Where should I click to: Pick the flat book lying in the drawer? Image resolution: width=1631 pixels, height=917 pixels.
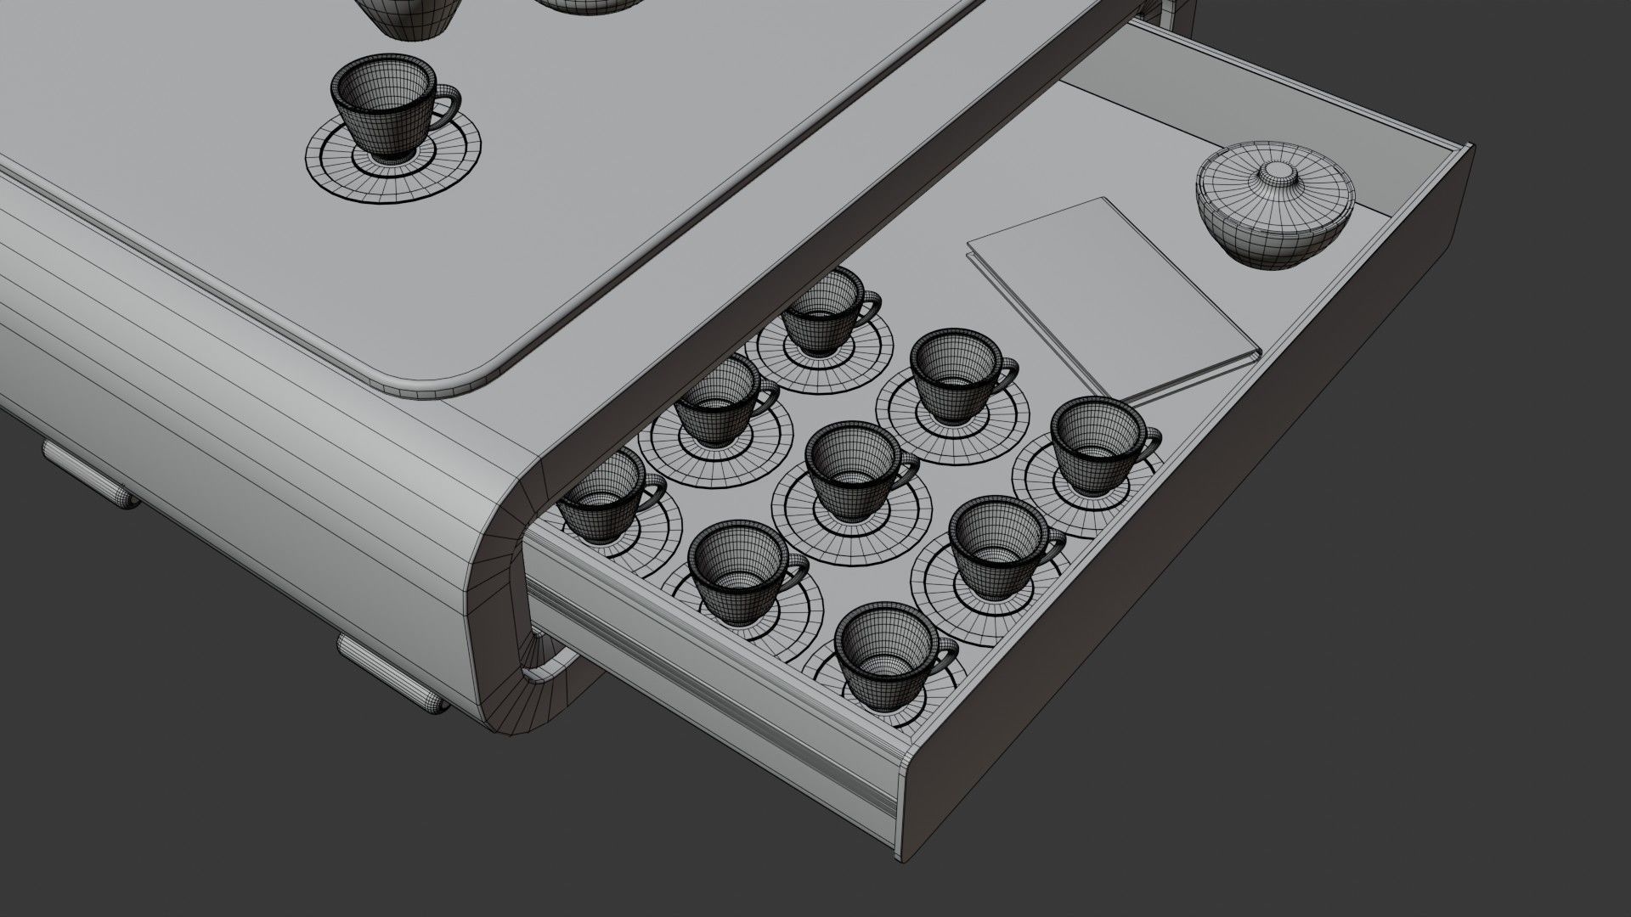[1104, 289]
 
